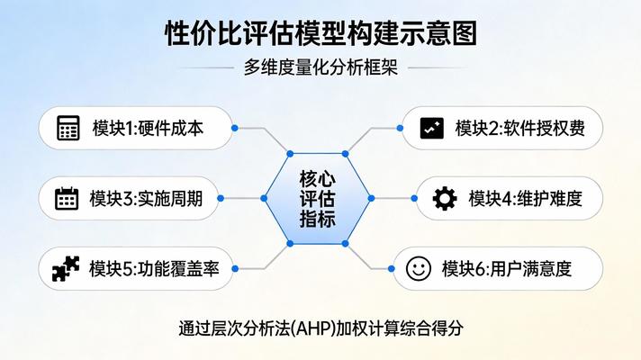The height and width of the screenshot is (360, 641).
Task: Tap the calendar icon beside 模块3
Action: click(x=67, y=198)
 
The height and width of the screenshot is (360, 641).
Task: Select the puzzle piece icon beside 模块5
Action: click(x=66, y=267)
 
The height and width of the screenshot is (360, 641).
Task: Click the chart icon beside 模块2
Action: click(x=432, y=128)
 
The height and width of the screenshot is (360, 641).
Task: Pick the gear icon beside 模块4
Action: click(x=445, y=198)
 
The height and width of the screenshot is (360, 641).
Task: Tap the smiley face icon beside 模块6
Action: click(x=419, y=267)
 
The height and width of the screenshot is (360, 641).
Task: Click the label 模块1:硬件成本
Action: click(x=148, y=129)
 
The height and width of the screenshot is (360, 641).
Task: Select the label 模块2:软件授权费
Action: click(x=520, y=129)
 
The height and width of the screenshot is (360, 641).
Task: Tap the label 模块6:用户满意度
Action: click(x=507, y=268)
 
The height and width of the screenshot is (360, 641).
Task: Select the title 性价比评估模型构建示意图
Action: click(x=320, y=34)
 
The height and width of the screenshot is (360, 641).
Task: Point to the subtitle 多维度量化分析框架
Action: click(x=320, y=67)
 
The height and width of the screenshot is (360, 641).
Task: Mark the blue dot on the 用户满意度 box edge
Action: click(x=394, y=268)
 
